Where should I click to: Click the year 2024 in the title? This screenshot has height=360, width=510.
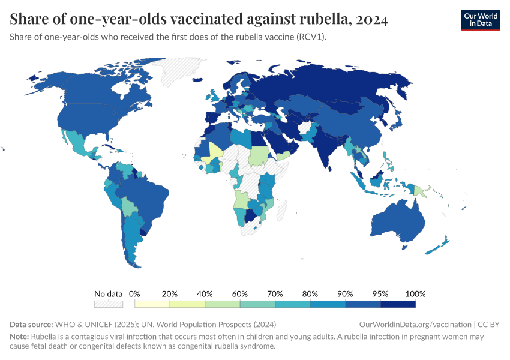(x=371, y=19)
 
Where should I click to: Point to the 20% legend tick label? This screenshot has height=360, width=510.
(x=170, y=294)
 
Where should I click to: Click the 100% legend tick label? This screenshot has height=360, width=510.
(x=415, y=294)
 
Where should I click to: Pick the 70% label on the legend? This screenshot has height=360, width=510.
(x=275, y=294)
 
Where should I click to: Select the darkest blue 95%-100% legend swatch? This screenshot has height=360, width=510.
(x=398, y=304)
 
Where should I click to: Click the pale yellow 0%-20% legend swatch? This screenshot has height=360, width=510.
(x=152, y=304)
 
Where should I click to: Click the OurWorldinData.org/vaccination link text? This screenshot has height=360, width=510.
(x=415, y=324)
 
